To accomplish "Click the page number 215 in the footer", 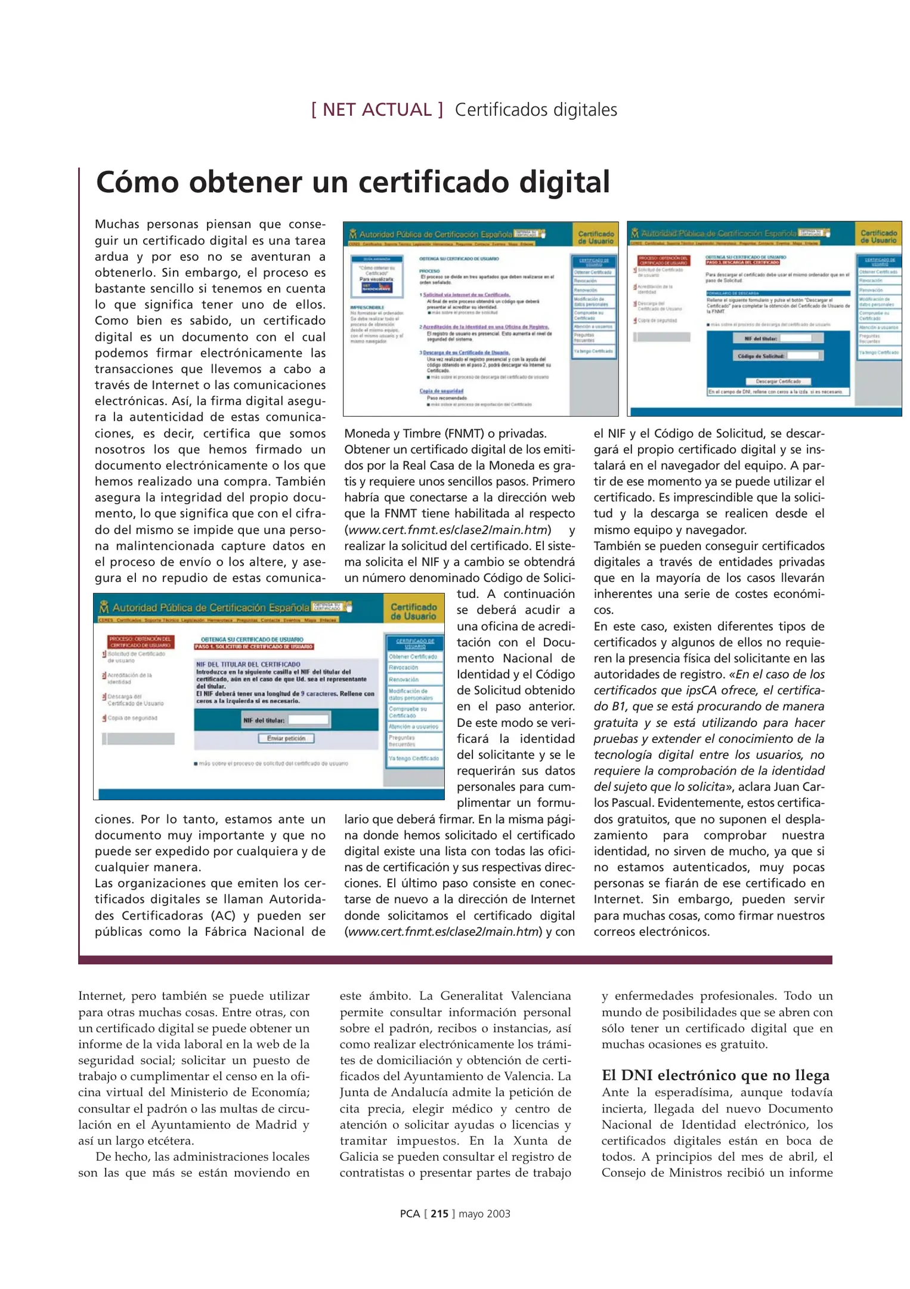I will (x=439, y=1213).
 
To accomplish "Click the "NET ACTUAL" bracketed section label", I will (x=377, y=110).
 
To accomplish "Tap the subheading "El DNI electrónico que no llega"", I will (x=715, y=1075).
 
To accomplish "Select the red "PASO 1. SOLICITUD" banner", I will (x=254, y=646).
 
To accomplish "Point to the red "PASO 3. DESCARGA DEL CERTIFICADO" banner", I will (x=742, y=262).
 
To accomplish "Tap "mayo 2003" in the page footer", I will (x=484, y=1213).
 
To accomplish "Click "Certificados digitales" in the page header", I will (x=536, y=110).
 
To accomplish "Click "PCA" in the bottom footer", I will (x=410, y=1213).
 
